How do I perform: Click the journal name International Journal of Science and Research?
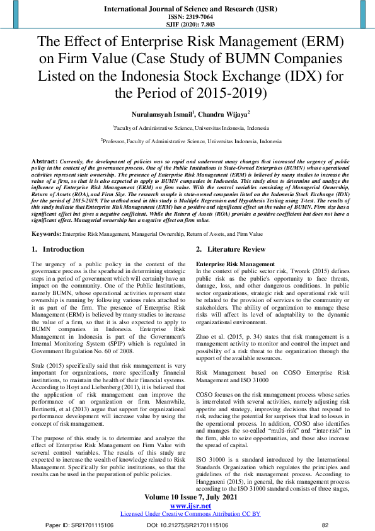pos(187,10)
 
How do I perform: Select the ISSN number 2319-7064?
pos(187,18)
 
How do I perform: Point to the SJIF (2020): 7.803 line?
pos(187,25)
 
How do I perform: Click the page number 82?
pos(325,525)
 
